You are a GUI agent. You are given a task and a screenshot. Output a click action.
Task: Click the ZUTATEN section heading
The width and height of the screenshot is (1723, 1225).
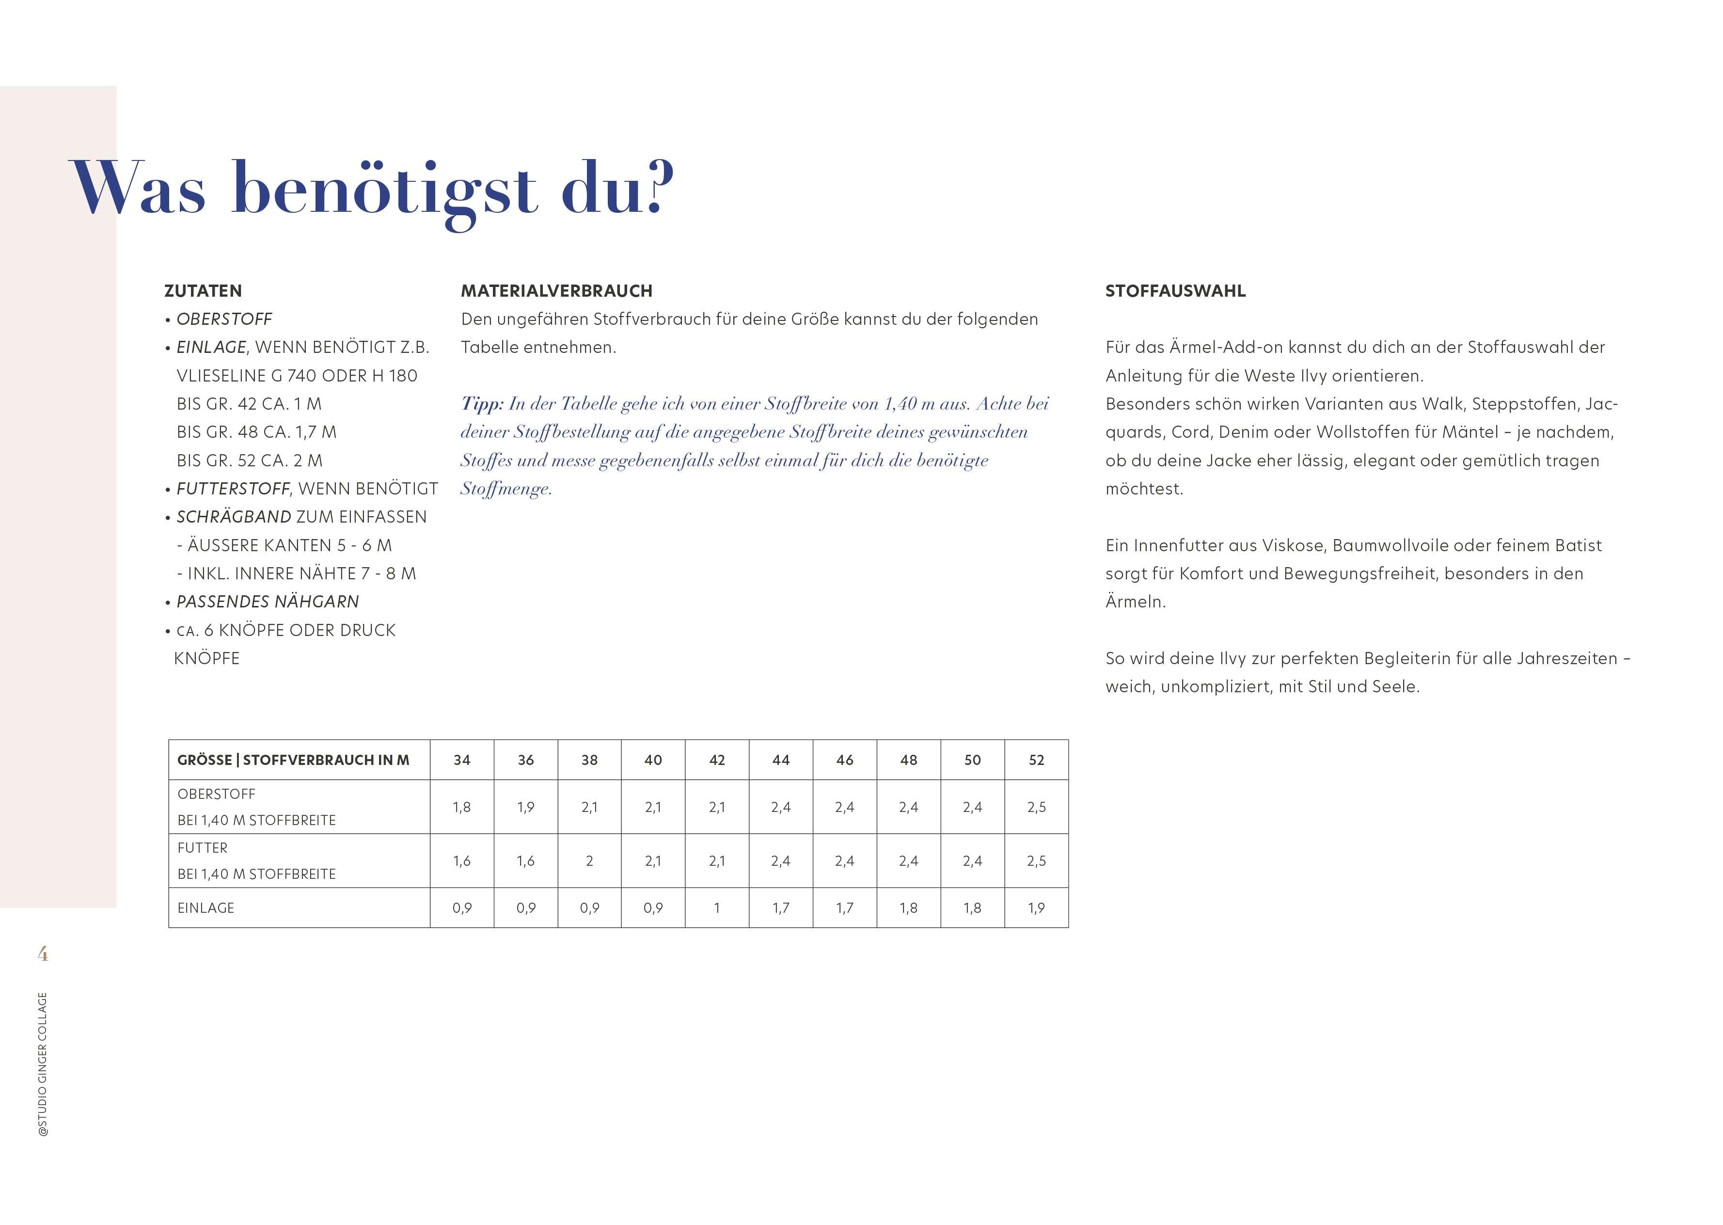point(203,291)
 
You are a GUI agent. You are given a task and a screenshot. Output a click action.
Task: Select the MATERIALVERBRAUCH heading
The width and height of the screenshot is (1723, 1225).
point(556,291)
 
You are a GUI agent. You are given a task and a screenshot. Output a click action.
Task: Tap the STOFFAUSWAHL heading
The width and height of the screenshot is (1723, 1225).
point(1175,291)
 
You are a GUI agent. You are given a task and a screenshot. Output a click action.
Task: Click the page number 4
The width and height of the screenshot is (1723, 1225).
point(43,954)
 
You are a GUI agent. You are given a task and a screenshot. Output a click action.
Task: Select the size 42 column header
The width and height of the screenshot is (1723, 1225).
point(716,760)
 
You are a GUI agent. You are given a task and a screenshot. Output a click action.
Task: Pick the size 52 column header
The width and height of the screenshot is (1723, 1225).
point(1036,760)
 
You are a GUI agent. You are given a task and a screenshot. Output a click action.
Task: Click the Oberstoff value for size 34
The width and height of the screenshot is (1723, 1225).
point(461,807)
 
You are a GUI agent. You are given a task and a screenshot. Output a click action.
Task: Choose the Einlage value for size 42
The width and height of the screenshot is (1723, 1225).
point(716,908)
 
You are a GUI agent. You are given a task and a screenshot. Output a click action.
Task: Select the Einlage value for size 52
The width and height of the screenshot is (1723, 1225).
point(1036,908)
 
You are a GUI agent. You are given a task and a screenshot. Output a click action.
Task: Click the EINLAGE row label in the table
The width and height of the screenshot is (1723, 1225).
point(206,908)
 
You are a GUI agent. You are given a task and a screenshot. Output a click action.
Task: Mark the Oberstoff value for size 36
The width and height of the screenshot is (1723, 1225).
point(525,807)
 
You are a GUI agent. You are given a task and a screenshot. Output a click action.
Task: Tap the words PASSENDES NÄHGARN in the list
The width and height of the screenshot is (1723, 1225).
point(268,602)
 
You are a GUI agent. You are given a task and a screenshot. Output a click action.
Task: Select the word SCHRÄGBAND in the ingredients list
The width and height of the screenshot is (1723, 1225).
point(234,517)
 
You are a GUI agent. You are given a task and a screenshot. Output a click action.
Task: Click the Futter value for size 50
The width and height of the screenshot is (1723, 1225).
point(972,860)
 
